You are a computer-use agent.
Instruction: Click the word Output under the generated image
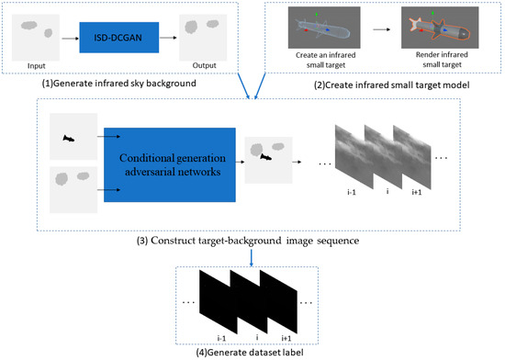pyautogui.click(x=203, y=65)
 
